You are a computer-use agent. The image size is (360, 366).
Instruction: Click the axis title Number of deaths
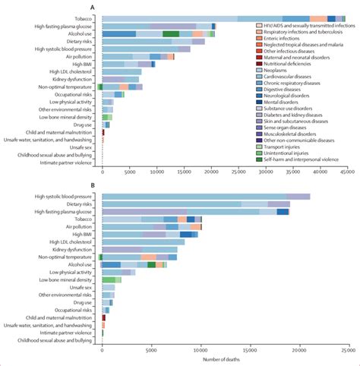[223, 359]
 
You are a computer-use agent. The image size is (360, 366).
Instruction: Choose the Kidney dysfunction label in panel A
[73, 79]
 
